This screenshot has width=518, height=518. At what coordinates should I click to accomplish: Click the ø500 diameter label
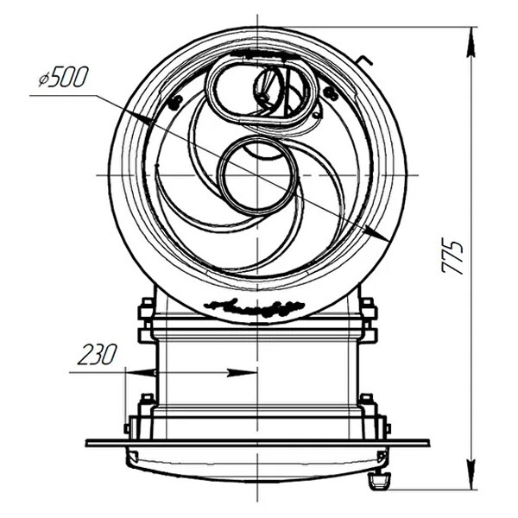(63, 78)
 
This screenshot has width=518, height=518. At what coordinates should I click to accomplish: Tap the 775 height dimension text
(453, 257)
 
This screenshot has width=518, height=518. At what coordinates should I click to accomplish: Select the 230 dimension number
(97, 355)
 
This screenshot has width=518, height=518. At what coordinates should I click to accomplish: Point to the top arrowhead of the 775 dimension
(472, 43)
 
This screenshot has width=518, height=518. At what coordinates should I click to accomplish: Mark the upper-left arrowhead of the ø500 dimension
(139, 117)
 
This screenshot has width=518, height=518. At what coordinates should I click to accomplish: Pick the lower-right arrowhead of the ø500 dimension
(376, 234)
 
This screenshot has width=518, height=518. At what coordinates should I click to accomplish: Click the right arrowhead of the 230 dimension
(242, 373)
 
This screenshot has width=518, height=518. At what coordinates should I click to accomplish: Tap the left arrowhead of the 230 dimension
(141, 373)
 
